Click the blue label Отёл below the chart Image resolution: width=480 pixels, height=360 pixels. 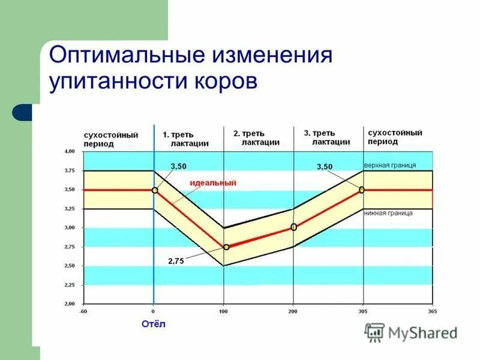(154, 324)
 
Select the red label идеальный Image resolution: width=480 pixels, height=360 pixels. (213, 182)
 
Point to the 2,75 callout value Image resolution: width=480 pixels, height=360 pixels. (176, 261)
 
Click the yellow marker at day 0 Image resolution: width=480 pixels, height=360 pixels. (154, 190)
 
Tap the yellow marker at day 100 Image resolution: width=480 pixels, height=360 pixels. (226, 247)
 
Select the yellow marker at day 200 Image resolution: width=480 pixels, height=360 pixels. (294, 227)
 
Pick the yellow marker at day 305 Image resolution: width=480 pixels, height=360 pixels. (362, 190)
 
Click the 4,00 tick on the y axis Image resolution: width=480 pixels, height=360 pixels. (70, 152)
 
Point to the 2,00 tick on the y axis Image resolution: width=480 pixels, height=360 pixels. (70, 304)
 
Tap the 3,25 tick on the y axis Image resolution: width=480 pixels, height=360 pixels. (70, 209)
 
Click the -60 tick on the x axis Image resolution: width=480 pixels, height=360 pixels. (83, 312)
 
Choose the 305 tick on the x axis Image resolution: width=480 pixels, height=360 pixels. (362, 312)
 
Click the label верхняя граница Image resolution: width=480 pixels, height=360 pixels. (390, 165)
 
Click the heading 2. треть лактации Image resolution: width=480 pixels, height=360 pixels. (257, 138)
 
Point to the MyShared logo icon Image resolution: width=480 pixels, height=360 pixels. (375, 332)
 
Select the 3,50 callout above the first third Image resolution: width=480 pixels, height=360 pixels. (179, 166)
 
